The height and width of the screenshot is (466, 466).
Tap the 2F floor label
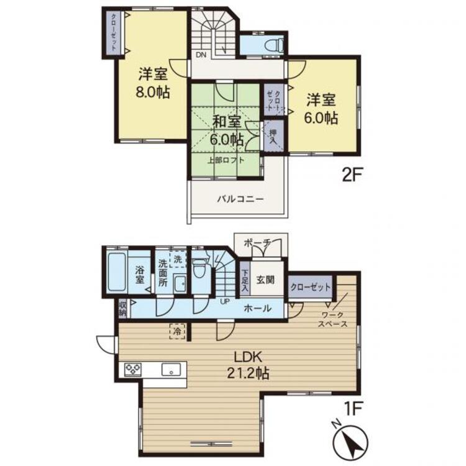click(352, 176)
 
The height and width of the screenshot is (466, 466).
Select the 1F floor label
click(354, 410)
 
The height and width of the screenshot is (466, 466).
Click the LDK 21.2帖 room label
click(249, 365)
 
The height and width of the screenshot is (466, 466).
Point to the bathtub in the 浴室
click(117, 272)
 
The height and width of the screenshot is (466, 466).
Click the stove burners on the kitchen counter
click(133, 370)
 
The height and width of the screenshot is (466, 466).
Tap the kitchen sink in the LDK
click(171, 370)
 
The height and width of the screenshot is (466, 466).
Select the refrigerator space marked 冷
click(178, 331)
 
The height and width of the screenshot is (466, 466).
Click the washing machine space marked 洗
click(178, 259)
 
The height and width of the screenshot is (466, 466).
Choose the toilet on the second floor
click(275, 45)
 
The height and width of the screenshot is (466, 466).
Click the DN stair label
click(201, 55)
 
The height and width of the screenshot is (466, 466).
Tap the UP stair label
click(225, 301)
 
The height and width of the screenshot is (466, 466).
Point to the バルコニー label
click(240, 199)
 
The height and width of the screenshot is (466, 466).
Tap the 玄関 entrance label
click(265, 280)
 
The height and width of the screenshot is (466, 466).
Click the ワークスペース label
click(332, 319)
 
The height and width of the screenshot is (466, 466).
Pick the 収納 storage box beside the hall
click(122, 308)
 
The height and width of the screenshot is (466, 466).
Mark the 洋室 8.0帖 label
click(153, 83)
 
